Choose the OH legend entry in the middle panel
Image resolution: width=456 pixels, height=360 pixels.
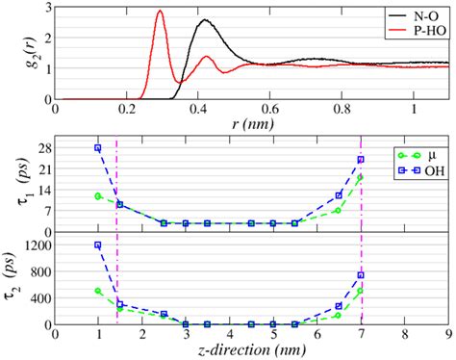[x=428, y=170]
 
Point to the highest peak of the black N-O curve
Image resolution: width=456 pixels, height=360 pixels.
[x=204, y=20]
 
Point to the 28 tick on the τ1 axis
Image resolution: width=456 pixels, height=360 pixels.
[x=43, y=147]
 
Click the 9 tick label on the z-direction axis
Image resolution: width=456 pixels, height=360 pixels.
[x=448, y=334]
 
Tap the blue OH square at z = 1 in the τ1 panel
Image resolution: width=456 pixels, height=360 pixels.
[x=98, y=148]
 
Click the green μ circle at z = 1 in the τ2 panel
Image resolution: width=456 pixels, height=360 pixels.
[x=98, y=291]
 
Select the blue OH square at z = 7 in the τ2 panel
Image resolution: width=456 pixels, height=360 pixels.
[x=361, y=275]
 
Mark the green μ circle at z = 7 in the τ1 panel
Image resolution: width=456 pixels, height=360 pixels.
[x=361, y=178]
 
